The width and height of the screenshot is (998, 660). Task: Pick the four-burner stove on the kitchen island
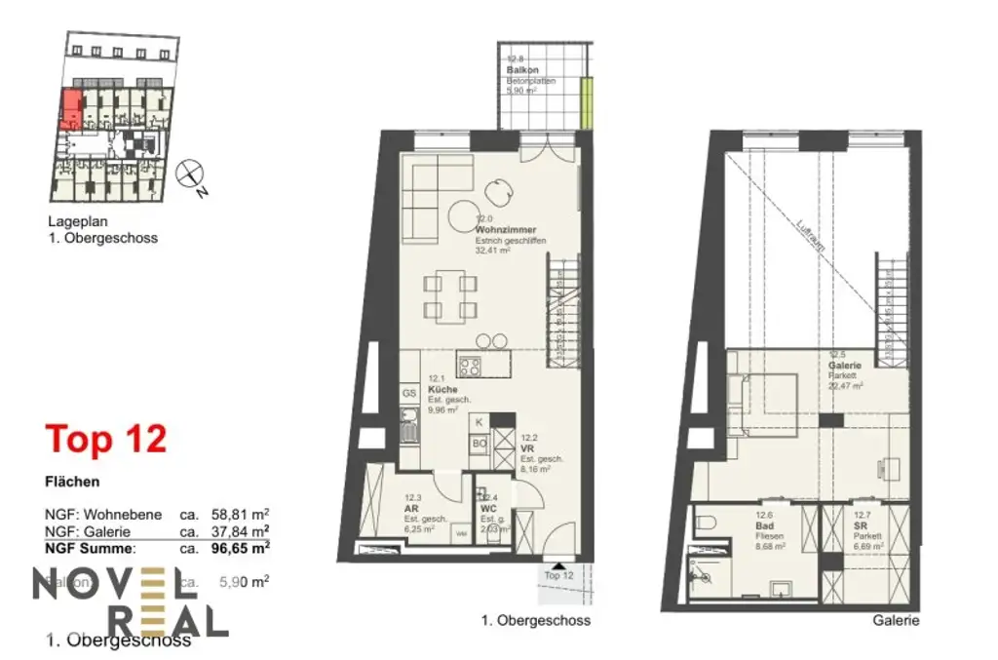(x=470, y=368)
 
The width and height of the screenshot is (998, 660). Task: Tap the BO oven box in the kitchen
(x=480, y=444)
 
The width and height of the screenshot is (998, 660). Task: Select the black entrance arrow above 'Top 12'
(x=556, y=563)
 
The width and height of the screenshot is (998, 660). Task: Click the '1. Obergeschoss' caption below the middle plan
(x=536, y=620)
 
